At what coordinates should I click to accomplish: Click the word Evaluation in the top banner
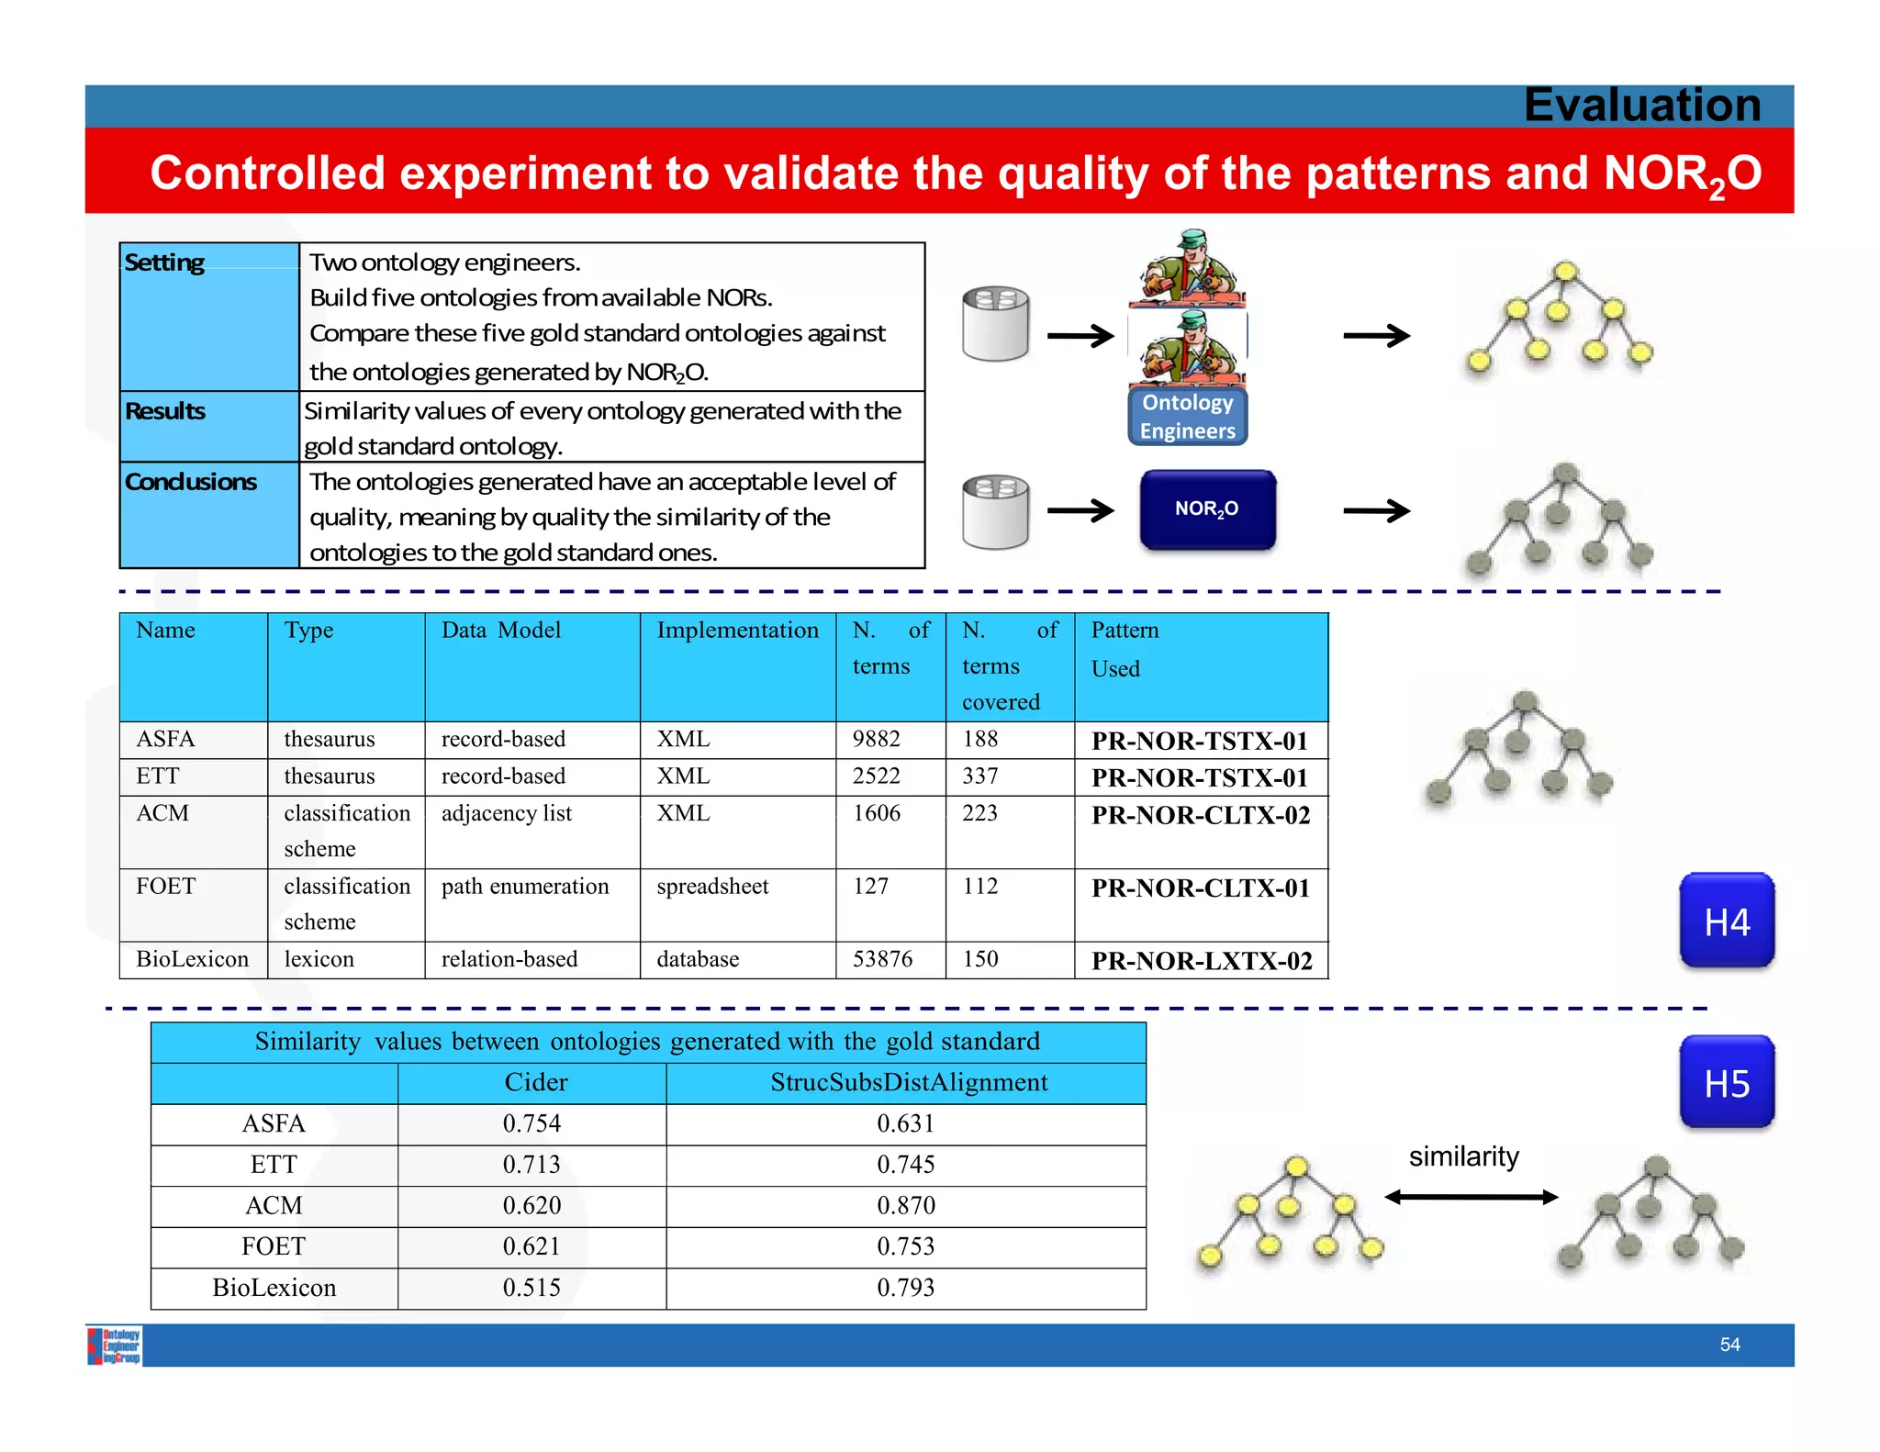click(x=1642, y=105)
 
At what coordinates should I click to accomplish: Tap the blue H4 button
click(x=1727, y=921)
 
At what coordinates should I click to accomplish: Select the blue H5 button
click(x=1727, y=1083)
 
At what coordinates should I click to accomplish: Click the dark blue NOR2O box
click(x=1207, y=509)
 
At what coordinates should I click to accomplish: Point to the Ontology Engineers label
click(x=1187, y=417)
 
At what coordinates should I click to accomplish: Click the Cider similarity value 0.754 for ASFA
click(x=532, y=1123)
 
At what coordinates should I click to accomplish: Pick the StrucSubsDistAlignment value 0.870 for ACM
click(x=905, y=1205)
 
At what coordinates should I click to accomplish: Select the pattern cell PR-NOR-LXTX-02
click(x=1201, y=961)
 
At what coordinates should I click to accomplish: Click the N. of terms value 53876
click(x=882, y=959)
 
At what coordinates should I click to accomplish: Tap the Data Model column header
click(x=501, y=631)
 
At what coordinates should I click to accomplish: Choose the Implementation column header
click(x=737, y=631)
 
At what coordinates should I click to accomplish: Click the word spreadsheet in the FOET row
click(x=712, y=887)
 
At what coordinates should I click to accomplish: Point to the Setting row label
click(x=164, y=263)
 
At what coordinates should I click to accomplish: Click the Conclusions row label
click(x=191, y=482)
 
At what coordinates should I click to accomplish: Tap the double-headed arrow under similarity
click(x=1471, y=1197)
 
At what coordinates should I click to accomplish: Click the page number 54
click(x=1729, y=1345)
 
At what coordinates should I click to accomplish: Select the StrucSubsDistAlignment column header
click(x=908, y=1083)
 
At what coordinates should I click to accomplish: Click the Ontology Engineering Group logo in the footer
click(x=115, y=1346)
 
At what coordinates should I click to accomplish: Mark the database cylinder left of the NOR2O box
click(x=995, y=512)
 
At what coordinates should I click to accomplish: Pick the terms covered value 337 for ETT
click(x=979, y=776)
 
